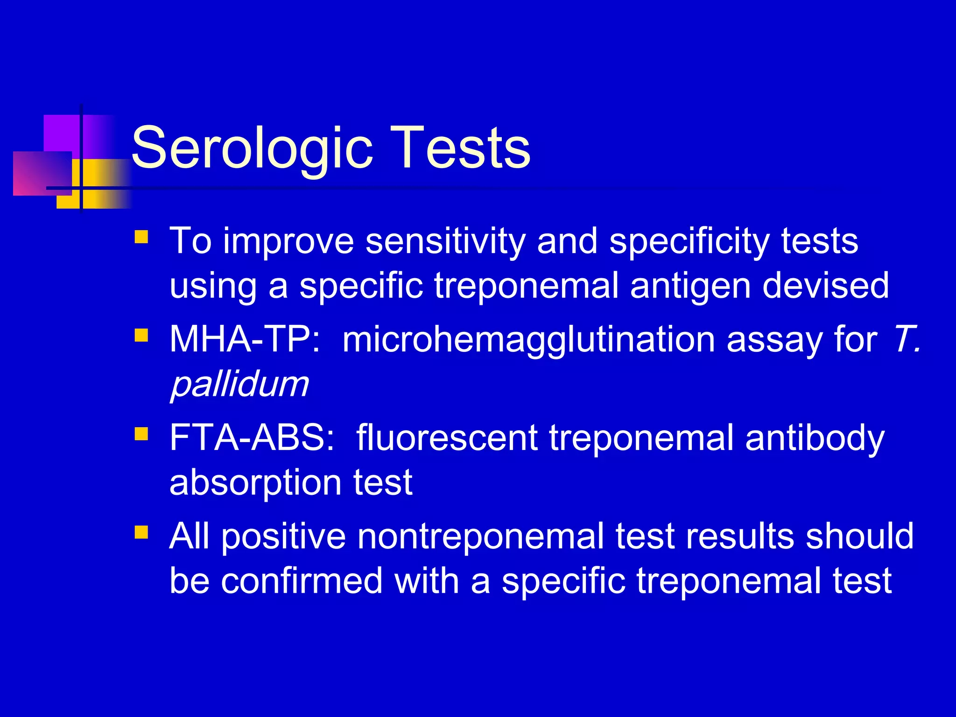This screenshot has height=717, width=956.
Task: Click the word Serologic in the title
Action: pyautogui.click(x=252, y=148)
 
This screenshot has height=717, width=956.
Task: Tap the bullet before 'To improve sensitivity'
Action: pyautogui.click(x=141, y=237)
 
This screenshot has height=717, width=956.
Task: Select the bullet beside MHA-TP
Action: pyautogui.click(x=141, y=335)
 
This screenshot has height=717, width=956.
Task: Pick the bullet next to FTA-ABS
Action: pyautogui.click(x=141, y=434)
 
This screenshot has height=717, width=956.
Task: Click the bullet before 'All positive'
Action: pyautogui.click(x=141, y=532)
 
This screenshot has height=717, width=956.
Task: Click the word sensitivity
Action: pyautogui.click(x=445, y=241)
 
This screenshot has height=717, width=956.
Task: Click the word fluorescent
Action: pyautogui.click(x=447, y=438)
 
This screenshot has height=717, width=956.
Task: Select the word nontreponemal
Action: pyautogui.click(x=480, y=536)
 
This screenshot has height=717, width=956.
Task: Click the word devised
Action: pyautogui.click(x=825, y=285)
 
